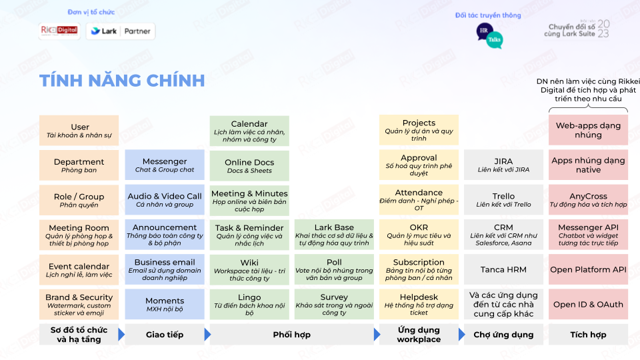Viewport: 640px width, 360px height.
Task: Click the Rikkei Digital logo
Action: coord(59,31)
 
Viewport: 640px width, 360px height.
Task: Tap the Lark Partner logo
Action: coord(121,31)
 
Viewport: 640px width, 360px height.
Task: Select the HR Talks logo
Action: coord(489,35)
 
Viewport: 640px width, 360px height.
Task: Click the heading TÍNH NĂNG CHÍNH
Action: coord(121,81)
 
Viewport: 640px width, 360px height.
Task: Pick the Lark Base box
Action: coord(334,235)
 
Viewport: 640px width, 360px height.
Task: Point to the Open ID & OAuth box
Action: coord(588,304)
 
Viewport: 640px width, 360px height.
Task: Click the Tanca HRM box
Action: coord(503,269)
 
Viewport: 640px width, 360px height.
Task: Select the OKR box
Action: coord(419,235)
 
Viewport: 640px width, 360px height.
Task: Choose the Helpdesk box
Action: coord(419,304)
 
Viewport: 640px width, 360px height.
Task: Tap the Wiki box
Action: coord(249,269)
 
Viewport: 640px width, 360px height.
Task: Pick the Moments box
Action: coord(165,304)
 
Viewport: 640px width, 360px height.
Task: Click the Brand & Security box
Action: coord(79,304)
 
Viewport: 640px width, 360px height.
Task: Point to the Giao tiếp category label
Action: coord(165,335)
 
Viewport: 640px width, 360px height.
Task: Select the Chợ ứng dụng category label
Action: coord(503,335)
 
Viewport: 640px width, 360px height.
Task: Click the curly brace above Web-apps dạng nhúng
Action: coord(588,109)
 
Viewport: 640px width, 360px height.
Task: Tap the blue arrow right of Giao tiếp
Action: coord(207,335)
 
